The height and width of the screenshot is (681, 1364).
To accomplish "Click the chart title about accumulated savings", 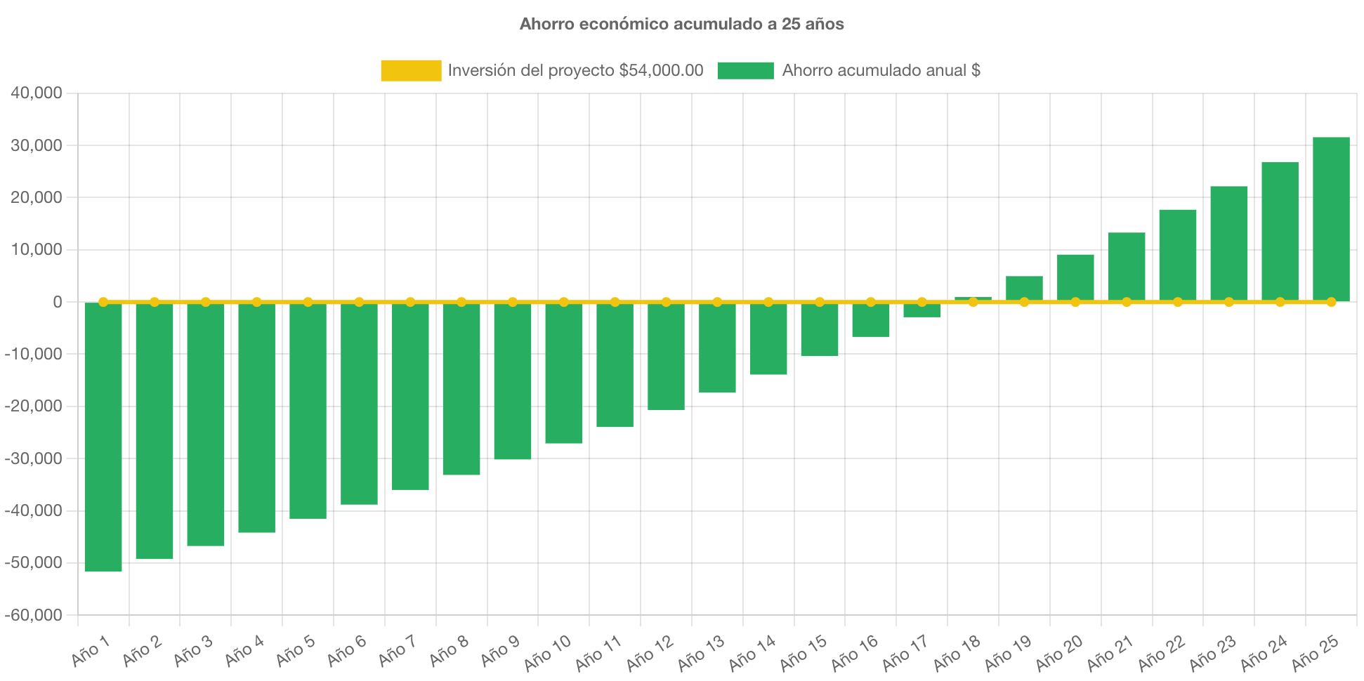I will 681,24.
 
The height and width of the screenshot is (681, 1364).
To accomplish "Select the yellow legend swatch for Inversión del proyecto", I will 411,70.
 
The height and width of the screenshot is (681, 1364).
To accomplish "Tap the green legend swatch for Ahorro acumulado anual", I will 745,70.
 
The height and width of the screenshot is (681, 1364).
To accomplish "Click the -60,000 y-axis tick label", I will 34,615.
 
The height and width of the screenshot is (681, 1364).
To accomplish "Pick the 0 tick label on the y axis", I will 57,302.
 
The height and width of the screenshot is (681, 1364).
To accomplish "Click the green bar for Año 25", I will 1331,219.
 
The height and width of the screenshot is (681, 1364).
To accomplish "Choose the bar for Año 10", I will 564,373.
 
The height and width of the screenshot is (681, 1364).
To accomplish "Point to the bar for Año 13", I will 717,348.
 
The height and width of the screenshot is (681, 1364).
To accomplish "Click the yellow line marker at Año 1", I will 103,302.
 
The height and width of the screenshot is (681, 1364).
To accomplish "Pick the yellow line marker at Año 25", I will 1331,302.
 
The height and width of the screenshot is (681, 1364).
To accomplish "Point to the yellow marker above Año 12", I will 666,302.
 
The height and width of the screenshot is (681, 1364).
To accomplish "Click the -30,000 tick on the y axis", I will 34,458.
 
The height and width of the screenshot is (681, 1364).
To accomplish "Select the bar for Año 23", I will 1228,243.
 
